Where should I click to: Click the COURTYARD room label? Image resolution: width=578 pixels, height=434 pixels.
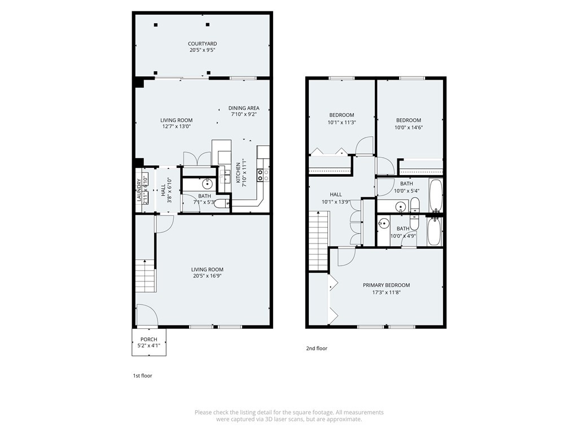203,44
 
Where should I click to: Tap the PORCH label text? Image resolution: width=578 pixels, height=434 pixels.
149,340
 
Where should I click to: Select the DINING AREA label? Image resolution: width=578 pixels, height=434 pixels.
244,108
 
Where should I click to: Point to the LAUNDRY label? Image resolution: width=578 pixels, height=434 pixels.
139,190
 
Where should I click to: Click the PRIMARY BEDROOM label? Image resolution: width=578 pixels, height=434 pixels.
386,285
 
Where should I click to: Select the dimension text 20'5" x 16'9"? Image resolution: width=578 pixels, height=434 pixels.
207,276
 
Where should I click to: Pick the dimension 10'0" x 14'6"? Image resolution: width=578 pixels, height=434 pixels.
409,128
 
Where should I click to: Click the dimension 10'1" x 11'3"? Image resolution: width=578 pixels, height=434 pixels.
341,123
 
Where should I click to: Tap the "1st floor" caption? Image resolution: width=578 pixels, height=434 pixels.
142,376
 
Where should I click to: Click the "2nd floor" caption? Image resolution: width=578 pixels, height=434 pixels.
317,348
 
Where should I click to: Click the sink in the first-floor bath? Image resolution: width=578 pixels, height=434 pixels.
207,183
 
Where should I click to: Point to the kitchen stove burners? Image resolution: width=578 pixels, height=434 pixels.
260,175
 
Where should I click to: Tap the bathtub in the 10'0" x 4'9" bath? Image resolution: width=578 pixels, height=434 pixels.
434,231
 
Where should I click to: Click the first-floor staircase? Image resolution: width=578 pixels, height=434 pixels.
146,276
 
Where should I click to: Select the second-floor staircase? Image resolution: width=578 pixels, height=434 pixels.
318,241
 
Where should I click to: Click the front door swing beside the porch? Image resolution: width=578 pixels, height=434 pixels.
147,315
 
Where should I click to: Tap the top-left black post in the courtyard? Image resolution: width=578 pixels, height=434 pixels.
156,25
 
